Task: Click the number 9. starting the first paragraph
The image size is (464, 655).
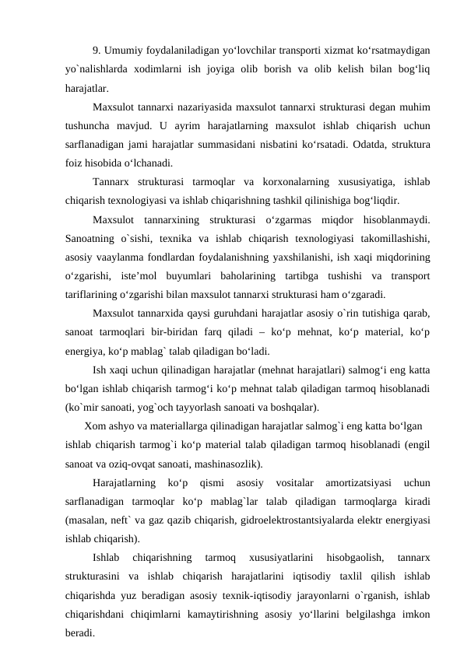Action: pyautogui.click(x=97, y=51)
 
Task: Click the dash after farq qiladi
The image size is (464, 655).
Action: pyautogui.click(x=273, y=331)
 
